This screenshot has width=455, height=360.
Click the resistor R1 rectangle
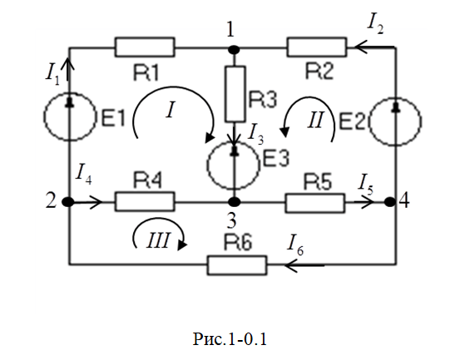coord(145,47)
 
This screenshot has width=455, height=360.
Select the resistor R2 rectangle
coord(317,47)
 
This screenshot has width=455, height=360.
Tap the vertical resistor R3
coord(235,94)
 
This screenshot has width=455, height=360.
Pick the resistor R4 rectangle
coord(145,201)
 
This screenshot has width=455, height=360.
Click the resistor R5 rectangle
coord(315,203)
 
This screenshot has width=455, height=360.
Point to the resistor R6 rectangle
coord(237,265)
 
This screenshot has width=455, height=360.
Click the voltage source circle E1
coord(70,116)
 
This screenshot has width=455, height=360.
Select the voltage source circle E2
coord(395,121)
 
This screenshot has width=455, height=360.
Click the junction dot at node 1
coord(234,50)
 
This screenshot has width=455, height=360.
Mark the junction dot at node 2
coord(68,201)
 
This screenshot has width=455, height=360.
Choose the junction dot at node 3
coord(234,201)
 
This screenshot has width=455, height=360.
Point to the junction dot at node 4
coord(390,202)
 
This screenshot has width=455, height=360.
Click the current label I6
coord(295,245)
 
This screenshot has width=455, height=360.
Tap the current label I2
coord(375,24)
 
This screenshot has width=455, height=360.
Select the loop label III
coord(157,240)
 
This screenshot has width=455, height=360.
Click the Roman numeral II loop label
coord(315,121)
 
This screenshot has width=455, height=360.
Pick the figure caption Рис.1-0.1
coord(230,339)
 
